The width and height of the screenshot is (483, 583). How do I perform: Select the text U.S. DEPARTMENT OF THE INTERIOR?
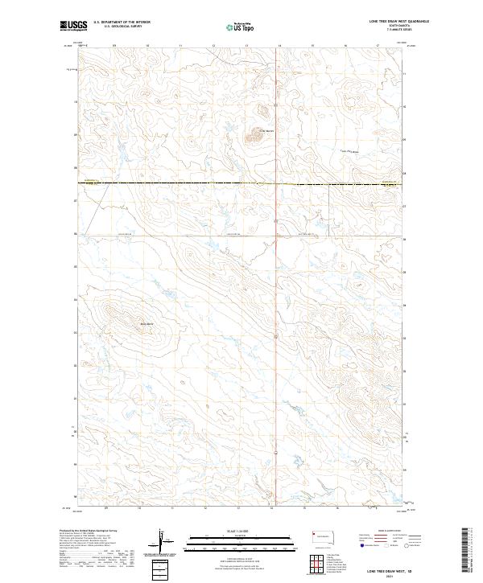[122, 23]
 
